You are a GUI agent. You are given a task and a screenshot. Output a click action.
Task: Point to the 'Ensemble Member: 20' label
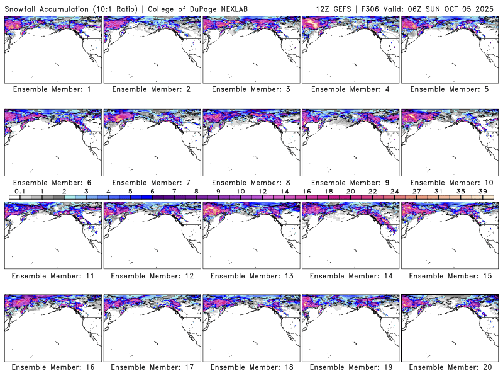449,367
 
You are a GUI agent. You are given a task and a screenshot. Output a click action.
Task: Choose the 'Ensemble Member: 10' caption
449,183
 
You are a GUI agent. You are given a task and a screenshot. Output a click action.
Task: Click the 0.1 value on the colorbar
19,191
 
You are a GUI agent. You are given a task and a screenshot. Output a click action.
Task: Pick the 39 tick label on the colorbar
483,191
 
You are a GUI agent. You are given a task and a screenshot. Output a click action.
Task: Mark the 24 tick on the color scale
395,191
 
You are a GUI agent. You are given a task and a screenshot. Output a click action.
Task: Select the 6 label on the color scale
152,191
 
